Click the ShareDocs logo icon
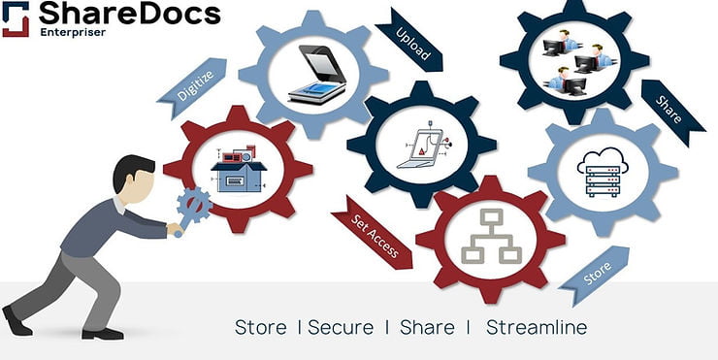(16, 18)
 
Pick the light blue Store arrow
(593, 275)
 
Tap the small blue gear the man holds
(194, 207)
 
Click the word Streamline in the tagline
(536, 327)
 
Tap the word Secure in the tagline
(341, 327)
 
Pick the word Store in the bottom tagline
(260, 327)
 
